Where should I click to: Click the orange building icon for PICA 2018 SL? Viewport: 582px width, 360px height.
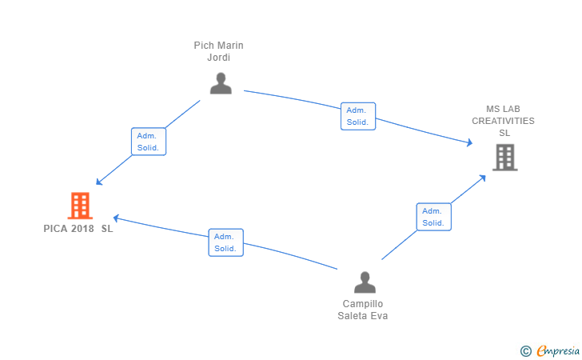pyautogui.click(x=80, y=206)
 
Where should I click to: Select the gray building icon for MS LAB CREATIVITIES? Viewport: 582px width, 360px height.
pyautogui.click(x=504, y=158)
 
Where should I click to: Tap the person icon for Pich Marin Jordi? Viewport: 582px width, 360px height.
pyautogui.click(x=221, y=83)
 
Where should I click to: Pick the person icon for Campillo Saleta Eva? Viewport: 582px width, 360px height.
pyautogui.click(x=365, y=282)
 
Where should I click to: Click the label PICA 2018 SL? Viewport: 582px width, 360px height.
pyautogui.click(x=78, y=229)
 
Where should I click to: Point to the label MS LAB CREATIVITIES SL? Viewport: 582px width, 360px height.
pyautogui.click(x=504, y=121)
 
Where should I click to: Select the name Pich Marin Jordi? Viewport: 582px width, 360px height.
pyautogui.click(x=218, y=51)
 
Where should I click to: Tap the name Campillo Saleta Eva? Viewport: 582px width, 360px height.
pyautogui.click(x=363, y=310)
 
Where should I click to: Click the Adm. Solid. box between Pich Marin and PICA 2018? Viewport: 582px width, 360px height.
pyautogui.click(x=149, y=142)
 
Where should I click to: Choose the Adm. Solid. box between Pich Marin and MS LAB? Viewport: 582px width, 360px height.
pyautogui.click(x=358, y=116)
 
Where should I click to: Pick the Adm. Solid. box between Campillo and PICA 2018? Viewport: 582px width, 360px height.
pyautogui.click(x=225, y=242)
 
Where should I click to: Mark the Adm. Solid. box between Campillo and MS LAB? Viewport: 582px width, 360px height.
pyautogui.click(x=434, y=217)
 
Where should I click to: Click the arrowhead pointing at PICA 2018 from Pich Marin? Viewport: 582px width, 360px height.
pyautogui.click(x=99, y=182)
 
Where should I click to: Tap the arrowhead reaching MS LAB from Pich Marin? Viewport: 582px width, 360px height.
pyautogui.click(x=470, y=142)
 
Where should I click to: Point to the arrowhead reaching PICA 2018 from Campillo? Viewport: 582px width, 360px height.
pyautogui.click(x=116, y=218)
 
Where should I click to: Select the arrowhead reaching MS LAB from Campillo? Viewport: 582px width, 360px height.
pyautogui.click(x=483, y=178)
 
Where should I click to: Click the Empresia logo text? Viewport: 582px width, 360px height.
pyautogui.click(x=558, y=350)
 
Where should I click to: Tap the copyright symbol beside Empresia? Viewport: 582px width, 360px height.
pyautogui.click(x=525, y=351)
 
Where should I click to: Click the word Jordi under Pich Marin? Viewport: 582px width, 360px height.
pyautogui.click(x=218, y=58)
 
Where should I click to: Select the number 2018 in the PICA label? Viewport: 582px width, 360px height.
pyautogui.click(x=82, y=229)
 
